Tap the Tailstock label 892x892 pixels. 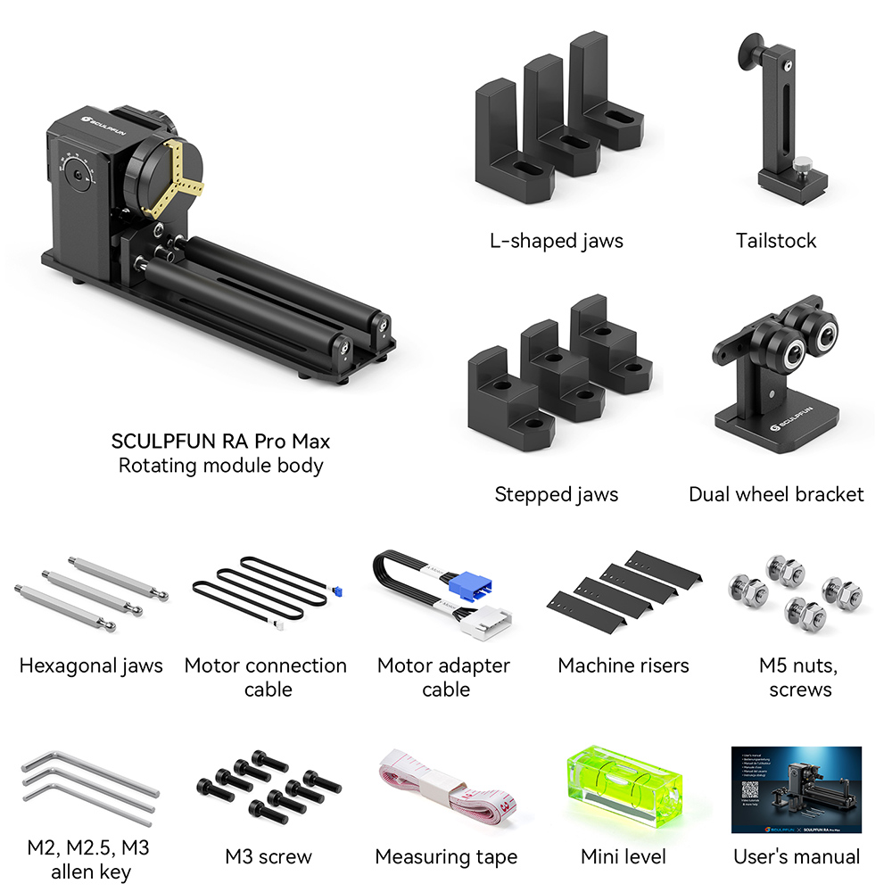(775, 240)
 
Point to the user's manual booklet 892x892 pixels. (796, 789)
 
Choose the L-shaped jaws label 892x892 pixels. (556, 240)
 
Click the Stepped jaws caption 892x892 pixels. (556, 494)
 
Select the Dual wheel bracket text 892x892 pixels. (776, 494)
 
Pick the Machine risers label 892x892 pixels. (624, 665)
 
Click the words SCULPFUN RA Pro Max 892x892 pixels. (220, 441)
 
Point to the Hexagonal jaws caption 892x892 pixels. (91, 665)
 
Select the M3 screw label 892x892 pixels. (268, 857)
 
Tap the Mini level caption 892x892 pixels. (623, 857)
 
